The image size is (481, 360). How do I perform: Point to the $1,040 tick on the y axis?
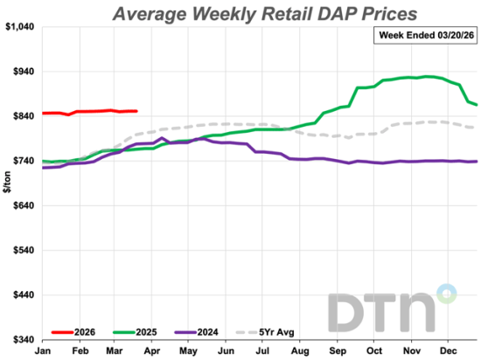click(19, 27)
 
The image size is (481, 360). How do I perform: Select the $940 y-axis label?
click(21, 72)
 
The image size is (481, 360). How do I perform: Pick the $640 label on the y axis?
click(21, 205)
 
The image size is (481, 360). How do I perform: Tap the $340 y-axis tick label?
click(21, 339)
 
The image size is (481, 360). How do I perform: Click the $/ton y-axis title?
click(7, 183)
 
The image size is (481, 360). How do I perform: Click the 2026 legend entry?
click(74, 332)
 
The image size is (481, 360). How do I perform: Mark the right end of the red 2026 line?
click(137, 111)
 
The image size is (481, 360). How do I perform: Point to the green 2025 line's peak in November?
click(426, 76)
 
